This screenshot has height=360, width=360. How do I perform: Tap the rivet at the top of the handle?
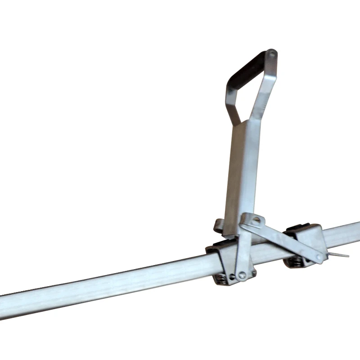point(271,54)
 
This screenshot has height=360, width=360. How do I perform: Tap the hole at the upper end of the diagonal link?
point(256,220)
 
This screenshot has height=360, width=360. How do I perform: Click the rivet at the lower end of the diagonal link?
point(319,258)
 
